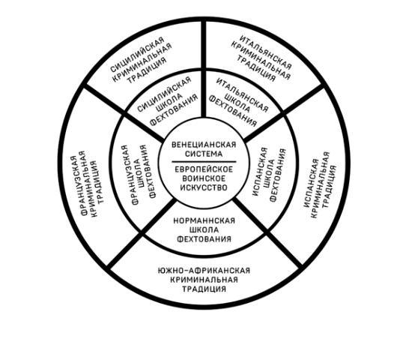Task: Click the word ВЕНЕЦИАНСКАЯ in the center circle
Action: pos(204,145)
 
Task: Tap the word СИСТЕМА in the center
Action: pos(204,154)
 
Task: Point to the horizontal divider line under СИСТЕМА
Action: pos(204,161)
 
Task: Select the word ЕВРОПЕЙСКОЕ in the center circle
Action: pos(204,169)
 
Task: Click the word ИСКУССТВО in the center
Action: pos(204,187)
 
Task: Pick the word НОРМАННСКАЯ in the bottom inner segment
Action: pos(204,220)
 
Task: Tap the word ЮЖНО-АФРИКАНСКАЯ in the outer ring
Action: pos(204,270)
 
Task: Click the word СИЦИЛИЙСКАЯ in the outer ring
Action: pos(138,55)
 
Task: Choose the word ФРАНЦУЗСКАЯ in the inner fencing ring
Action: pos(129,175)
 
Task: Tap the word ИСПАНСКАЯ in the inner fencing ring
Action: pos(260,172)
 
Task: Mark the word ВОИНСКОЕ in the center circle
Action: pos(204,178)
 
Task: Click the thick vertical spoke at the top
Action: pos(203,69)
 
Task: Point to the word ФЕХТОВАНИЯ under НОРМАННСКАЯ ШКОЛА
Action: pos(204,239)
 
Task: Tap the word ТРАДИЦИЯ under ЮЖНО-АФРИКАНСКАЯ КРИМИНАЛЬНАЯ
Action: pos(204,289)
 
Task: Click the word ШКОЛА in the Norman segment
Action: pos(204,230)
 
